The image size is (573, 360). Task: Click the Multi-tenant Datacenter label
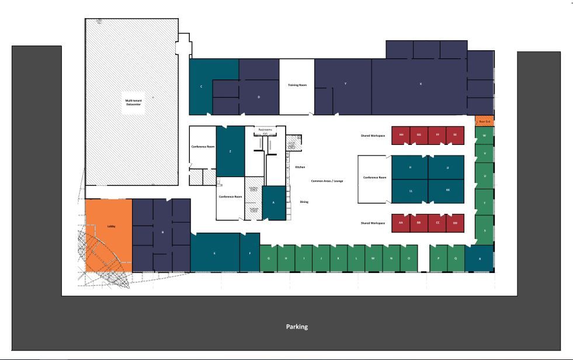[x=133, y=102]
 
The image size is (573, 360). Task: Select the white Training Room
[x=297, y=86]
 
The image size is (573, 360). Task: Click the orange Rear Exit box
[x=484, y=121]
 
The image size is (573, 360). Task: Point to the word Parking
[x=297, y=327]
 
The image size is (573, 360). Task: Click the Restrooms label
[x=265, y=129]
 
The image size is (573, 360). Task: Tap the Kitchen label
[x=300, y=167]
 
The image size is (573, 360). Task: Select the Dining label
[x=304, y=202]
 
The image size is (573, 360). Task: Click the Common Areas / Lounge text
[x=327, y=181]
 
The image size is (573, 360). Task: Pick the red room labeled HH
[x=401, y=135]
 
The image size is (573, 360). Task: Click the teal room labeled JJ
[x=447, y=167]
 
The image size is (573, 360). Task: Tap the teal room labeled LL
[x=411, y=191]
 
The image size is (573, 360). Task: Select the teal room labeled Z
[x=231, y=151]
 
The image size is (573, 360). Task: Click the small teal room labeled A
[x=273, y=202]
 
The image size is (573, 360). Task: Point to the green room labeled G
[x=268, y=258]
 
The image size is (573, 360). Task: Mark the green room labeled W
[x=484, y=136]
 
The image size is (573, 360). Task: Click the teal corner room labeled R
[x=480, y=258]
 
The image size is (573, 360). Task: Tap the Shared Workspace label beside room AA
[x=373, y=223]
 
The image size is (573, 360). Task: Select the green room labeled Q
[x=456, y=258]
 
